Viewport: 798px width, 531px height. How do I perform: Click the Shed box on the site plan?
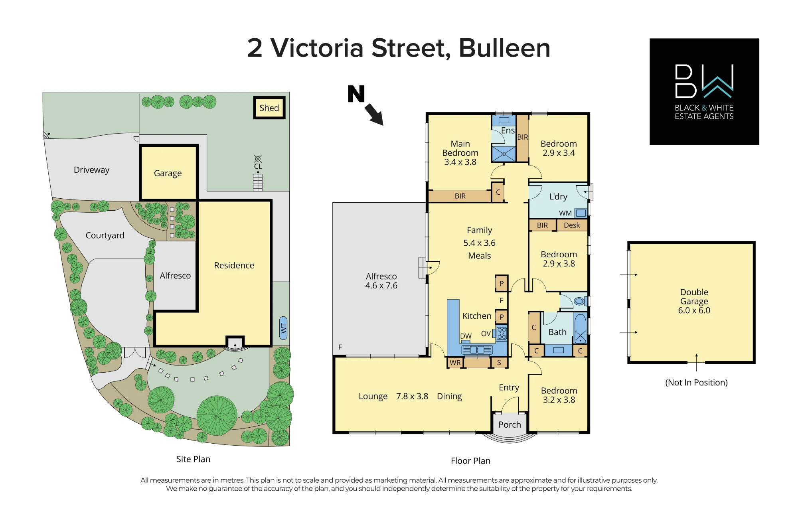(269, 108)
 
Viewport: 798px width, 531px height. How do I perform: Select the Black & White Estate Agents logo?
(704, 91)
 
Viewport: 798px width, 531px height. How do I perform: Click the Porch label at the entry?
(510, 424)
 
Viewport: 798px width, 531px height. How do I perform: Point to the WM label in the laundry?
(565, 213)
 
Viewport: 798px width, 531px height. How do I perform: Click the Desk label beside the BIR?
(572, 225)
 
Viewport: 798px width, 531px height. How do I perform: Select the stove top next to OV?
(502, 333)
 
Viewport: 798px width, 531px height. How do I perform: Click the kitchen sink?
(477, 350)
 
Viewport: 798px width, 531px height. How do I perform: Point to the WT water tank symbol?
(283, 328)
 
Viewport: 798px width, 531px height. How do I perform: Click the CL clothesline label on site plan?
(258, 166)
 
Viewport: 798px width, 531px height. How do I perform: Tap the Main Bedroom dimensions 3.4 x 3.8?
(460, 162)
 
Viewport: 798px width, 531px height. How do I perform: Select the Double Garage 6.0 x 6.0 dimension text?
(694, 310)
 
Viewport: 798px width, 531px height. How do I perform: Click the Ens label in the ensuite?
(508, 130)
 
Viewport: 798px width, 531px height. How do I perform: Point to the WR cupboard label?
(455, 363)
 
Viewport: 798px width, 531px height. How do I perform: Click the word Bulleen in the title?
(504, 48)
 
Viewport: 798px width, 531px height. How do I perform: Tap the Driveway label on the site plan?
(91, 170)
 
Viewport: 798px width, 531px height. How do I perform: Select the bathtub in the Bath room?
(580, 328)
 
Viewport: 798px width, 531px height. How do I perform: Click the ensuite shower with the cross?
(504, 154)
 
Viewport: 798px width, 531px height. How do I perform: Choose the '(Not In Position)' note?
(696, 383)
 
